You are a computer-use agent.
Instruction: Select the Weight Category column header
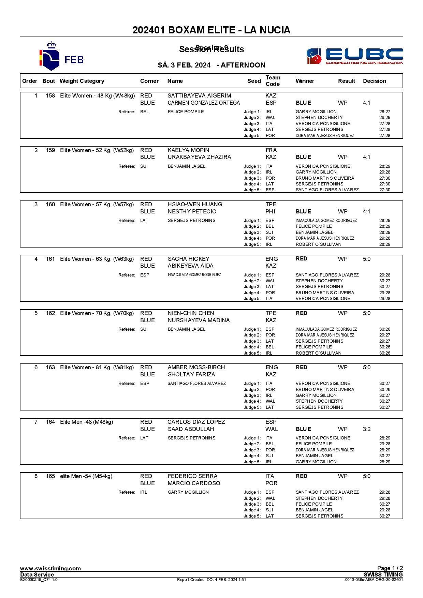[x=82, y=81]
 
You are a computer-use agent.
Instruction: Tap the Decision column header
[x=375, y=81]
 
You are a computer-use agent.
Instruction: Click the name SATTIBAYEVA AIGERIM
[x=199, y=96]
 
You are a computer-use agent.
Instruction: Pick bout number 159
[x=50, y=150]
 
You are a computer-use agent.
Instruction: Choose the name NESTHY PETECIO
[x=192, y=212]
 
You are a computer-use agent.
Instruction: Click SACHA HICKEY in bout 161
[x=189, y=259]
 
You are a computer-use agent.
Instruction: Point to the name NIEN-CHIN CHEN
[x=191, y=313]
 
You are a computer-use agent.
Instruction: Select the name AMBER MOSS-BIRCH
[x=196, y=368]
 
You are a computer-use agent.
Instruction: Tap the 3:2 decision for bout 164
[x=367, y=429]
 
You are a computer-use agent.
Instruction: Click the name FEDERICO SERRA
[x=192, y=476]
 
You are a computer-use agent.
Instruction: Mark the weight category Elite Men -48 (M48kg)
[x=86, y=422]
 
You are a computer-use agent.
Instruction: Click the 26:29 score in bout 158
[x=385, y=118]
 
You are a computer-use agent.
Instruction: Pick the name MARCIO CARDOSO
[x=194, y=483]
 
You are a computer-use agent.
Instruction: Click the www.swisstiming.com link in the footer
[x=50, y=568]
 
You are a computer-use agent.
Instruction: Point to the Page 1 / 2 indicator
[x=390, y=568]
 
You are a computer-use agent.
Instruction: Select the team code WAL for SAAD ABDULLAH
[x=272, y=429]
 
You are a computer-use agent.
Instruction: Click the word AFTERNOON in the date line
[x=243, y=65]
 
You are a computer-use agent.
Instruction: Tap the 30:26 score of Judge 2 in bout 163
[x=385, y=390]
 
